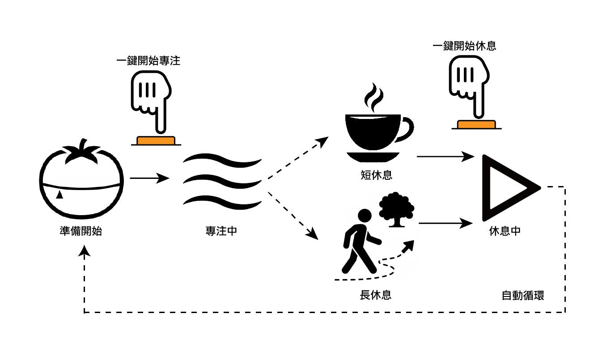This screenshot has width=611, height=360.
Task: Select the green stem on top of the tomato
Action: coord(82,152)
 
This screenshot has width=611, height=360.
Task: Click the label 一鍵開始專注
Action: coord(148,61)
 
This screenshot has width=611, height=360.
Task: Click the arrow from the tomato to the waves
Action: coord(149,178)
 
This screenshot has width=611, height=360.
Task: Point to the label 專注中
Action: coord(221,231)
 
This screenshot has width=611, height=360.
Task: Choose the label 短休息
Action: coord(376,175)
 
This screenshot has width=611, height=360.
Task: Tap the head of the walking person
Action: coord(365,216)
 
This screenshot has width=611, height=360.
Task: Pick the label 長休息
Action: coord(376,295)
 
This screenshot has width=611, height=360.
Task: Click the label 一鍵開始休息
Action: coord(465,46)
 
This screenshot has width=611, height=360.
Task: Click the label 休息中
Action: coord(505,231)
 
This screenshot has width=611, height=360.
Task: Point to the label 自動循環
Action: coord(523,296)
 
